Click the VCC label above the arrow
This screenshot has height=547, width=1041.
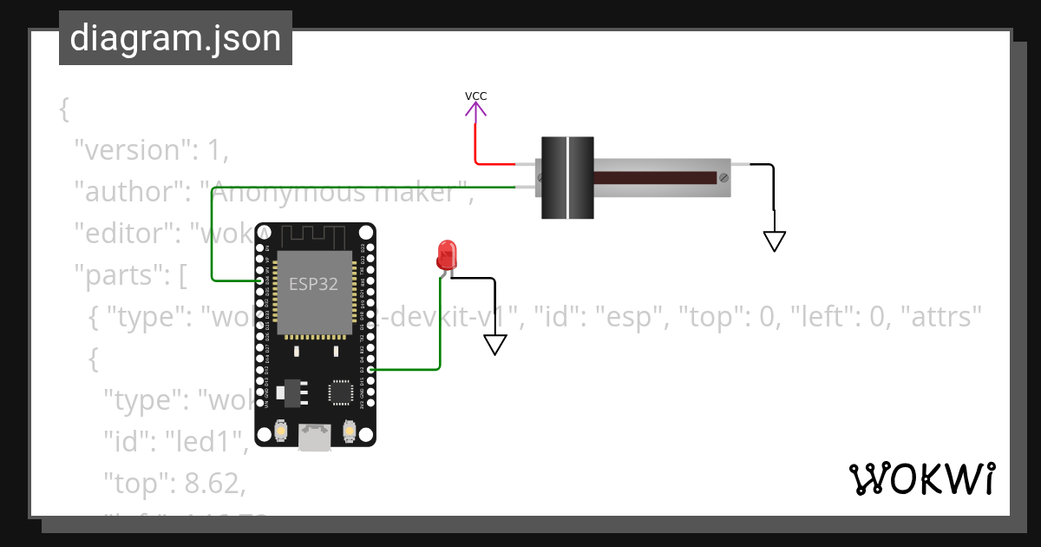[475, 96]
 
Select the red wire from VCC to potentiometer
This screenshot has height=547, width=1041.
[494, 163]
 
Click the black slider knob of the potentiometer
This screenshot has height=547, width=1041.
[567, 177]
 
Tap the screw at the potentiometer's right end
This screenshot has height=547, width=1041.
[723, 177]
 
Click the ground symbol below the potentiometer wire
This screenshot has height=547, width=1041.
[774, 241]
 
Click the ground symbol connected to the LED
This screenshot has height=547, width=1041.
[494, 344]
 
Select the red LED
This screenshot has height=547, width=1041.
[447, 254]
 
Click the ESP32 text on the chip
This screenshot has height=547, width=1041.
[313, 285]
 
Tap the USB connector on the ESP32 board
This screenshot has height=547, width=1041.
[314, 437]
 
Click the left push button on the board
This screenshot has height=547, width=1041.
[280, 429]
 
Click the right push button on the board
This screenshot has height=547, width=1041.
[349, 429]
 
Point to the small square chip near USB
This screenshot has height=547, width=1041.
[339, 392]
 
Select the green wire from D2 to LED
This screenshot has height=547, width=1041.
[439, 339]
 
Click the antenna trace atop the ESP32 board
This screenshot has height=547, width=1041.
[314, 235]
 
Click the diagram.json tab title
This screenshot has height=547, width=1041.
[175, 39]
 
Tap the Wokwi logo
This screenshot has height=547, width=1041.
[921, 479]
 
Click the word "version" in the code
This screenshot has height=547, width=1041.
[131, 149]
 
